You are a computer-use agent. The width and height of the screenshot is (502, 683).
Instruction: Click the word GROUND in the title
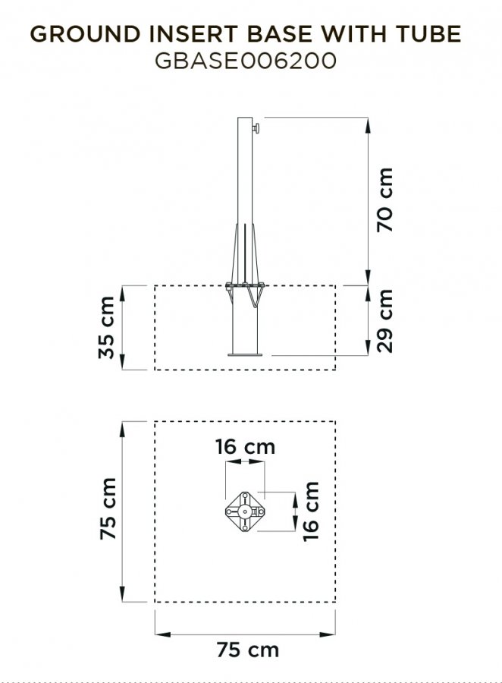85,34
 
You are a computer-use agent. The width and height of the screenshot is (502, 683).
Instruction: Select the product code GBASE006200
246,61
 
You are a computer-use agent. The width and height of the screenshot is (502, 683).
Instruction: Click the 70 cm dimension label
385,200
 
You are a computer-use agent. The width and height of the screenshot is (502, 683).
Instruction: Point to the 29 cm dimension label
385,320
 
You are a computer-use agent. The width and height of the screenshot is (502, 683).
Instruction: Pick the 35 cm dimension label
106,328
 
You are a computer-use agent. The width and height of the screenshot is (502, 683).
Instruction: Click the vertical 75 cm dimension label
108,508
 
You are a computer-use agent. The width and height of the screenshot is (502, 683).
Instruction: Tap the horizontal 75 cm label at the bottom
248,650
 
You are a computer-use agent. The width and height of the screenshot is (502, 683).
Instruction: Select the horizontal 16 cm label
246,447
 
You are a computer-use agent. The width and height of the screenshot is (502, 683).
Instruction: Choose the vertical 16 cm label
311,511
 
